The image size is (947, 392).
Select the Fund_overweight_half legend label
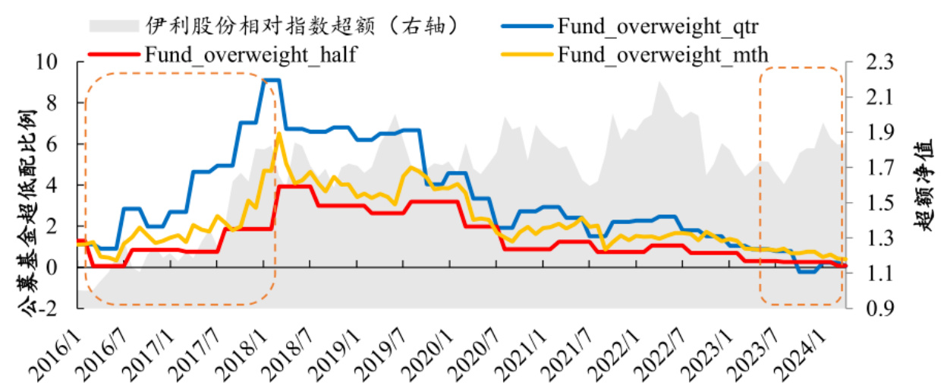pos(250,55)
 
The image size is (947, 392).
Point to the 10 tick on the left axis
pos(58,62)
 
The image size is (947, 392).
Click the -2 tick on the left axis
pos(58,308)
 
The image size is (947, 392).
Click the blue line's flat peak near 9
pos(271,80)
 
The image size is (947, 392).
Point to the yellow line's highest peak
pos(279,134)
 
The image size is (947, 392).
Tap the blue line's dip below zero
pos(807,271)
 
